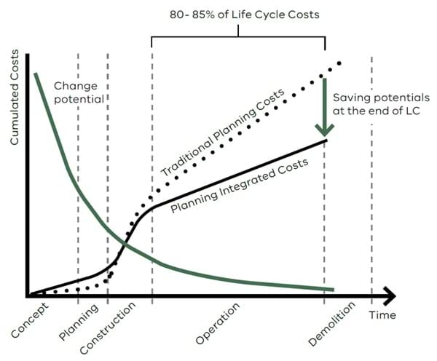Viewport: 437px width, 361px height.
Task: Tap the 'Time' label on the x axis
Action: point(382,314)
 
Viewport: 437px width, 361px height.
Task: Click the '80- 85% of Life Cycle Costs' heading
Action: point(238,15)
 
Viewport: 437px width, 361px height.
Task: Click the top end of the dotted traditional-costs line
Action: point(339,63)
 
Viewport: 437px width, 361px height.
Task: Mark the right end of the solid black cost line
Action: point(325,139)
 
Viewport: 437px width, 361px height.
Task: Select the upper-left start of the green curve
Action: point(34,74)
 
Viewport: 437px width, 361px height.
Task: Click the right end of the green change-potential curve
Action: point(332,290)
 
